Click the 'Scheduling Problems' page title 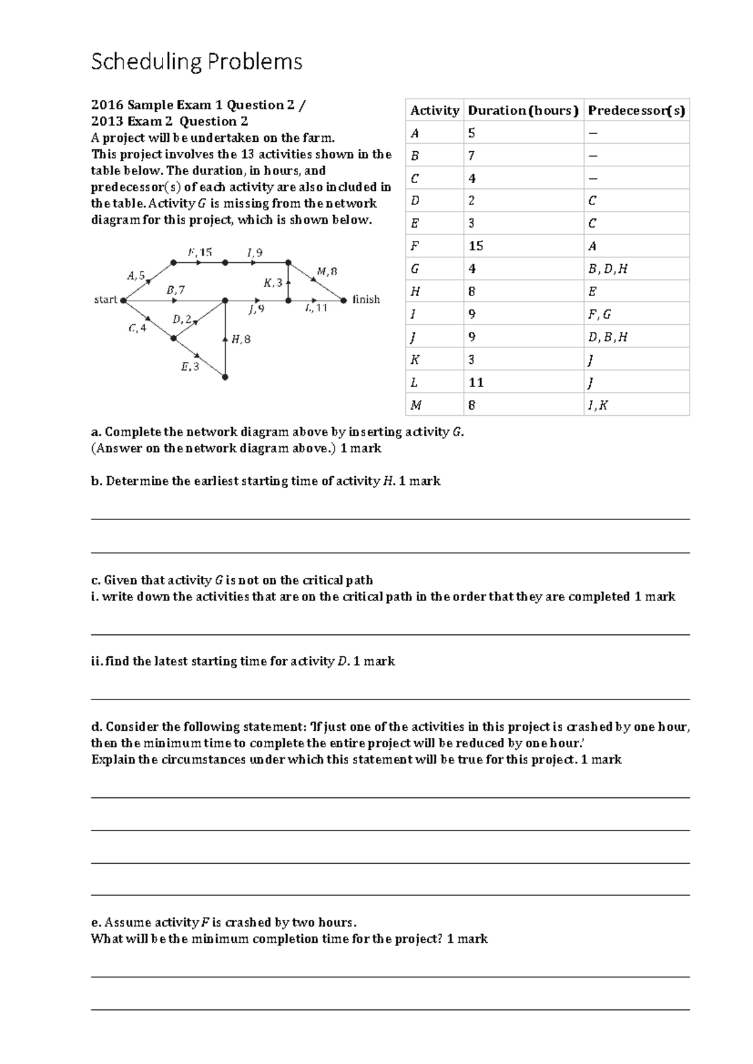(196, 62)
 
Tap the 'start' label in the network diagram (105, 300)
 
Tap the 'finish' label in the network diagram (366, 300)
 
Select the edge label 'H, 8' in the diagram (241, 339)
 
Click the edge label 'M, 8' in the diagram (327, 272)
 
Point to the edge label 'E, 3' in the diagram (190, 367)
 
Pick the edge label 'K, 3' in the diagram (273, 282)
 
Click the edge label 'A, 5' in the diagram (136, 275)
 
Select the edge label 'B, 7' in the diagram (176, 290)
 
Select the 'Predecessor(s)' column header (636, 111)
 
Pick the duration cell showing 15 (476, 247)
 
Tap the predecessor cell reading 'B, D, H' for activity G (607, 269)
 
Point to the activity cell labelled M (416, 405)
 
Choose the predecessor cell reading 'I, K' (597, 405)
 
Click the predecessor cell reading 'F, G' (599, 314)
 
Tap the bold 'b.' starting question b (97, 481)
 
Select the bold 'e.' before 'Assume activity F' (96, 923)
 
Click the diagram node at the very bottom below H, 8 (225, 377)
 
